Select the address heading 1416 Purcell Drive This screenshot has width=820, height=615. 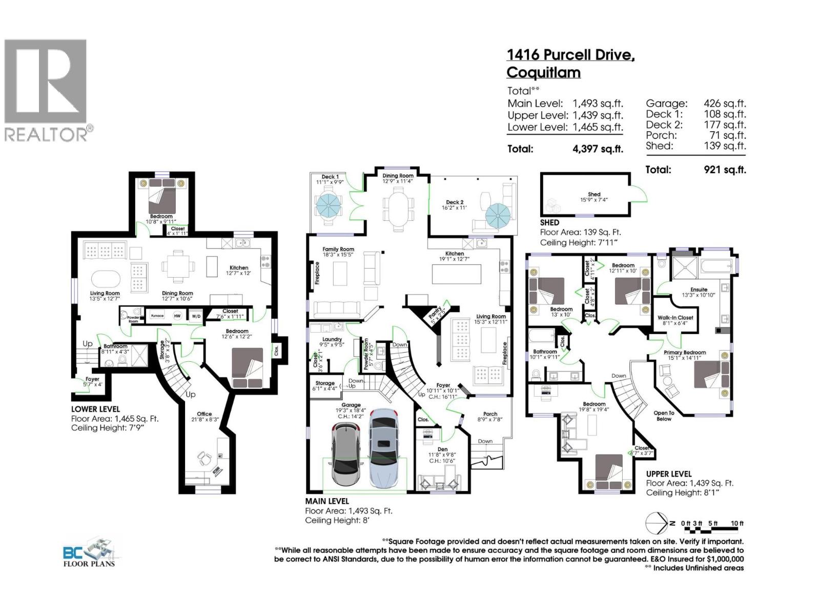pos(570,55)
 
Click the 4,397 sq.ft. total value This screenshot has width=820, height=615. pos(598,149)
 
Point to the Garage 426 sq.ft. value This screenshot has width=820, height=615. pos(725,104)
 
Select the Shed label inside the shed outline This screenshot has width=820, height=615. pos(594,194)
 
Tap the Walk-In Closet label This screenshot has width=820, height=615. pos(675,318)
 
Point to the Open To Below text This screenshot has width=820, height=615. pos(664,416)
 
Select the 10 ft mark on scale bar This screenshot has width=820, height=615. pos(737,523)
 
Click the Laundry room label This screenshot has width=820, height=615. pos(332,339)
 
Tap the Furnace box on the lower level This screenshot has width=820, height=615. pos(157,316)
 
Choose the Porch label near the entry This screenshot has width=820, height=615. pos(490,414)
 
